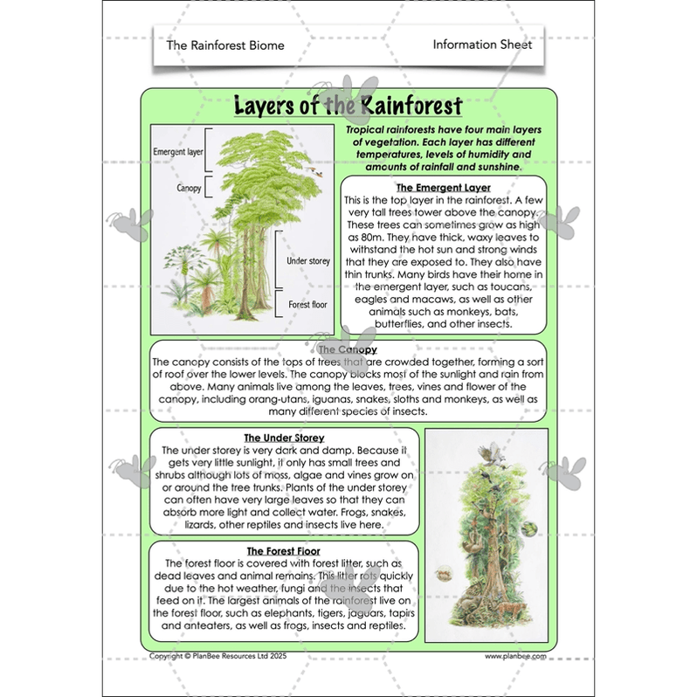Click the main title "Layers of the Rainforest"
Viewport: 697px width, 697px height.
[x=348, y=107]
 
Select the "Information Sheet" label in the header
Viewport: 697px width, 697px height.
[x=482, y=45]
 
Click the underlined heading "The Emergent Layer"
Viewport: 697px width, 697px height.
[x=443, y=188]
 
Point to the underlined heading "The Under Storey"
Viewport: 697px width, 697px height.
[x=284, y=438]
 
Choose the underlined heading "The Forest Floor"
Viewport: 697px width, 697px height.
[x=283, y=551]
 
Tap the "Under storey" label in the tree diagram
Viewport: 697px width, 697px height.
[x=307, y=260]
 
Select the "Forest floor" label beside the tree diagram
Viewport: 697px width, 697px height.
[x=307, y=304]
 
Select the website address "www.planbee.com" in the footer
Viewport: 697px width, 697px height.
[x=516, y=655]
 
